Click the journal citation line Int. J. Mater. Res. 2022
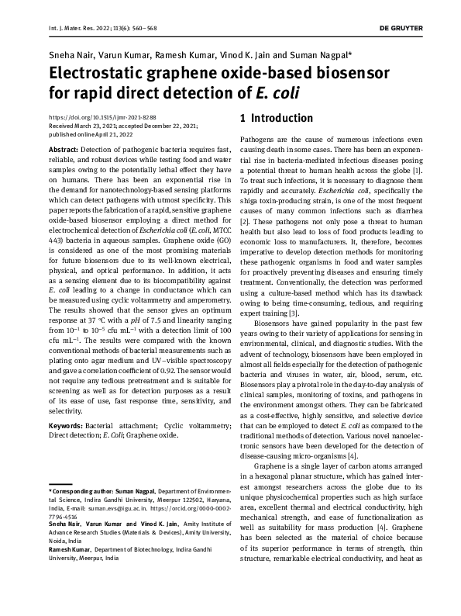[x=86, y=28]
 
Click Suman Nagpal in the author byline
[x=323, y=55]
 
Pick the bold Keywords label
[x=67, y=426]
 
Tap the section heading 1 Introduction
[x=276, y=118]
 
